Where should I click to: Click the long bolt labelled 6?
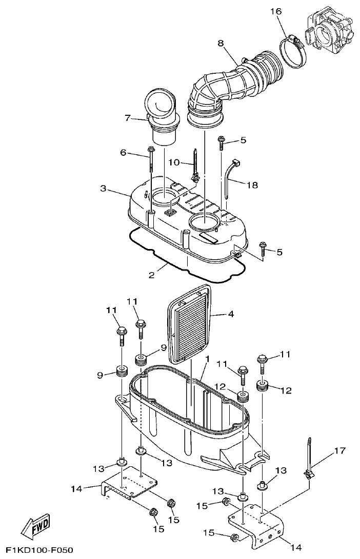click(x=152, y=159)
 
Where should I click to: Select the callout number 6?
click(x=124, y=152)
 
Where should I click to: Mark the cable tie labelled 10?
click(x=195, y=167)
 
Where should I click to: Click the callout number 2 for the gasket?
click(x=152, y=275)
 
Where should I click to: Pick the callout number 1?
click(x=208, y=360)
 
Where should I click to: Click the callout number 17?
click(x=340, y=451)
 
